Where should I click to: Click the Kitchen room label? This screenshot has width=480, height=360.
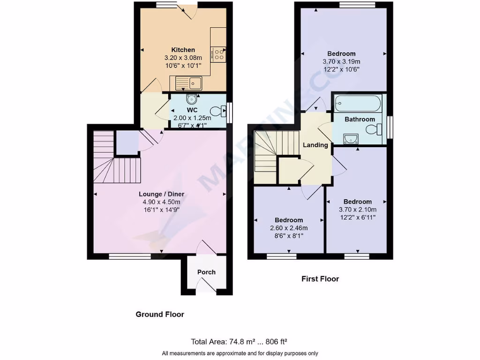(183, 50)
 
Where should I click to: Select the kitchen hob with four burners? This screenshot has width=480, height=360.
(218, 53)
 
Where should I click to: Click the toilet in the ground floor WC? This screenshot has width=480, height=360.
(217, 112)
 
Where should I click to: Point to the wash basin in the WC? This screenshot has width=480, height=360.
(191, 99)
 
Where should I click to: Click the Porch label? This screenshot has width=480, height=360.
(206, 272)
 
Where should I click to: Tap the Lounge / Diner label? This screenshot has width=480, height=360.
(161, 194)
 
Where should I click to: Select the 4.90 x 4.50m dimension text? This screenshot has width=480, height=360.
(161, 202)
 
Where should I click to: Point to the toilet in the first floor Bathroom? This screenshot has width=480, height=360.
(373, 129)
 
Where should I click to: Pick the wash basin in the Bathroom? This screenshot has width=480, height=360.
(351, 138)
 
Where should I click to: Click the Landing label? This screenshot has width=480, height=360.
(315, 145)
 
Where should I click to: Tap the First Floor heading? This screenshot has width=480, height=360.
(320, 279)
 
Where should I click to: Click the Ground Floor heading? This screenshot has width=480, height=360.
(160, 314)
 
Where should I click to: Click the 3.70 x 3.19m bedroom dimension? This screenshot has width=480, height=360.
(341, 61)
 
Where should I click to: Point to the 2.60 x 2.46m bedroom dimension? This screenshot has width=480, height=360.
(289, 228)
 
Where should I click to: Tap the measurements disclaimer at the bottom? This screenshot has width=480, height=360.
(240, 353)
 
